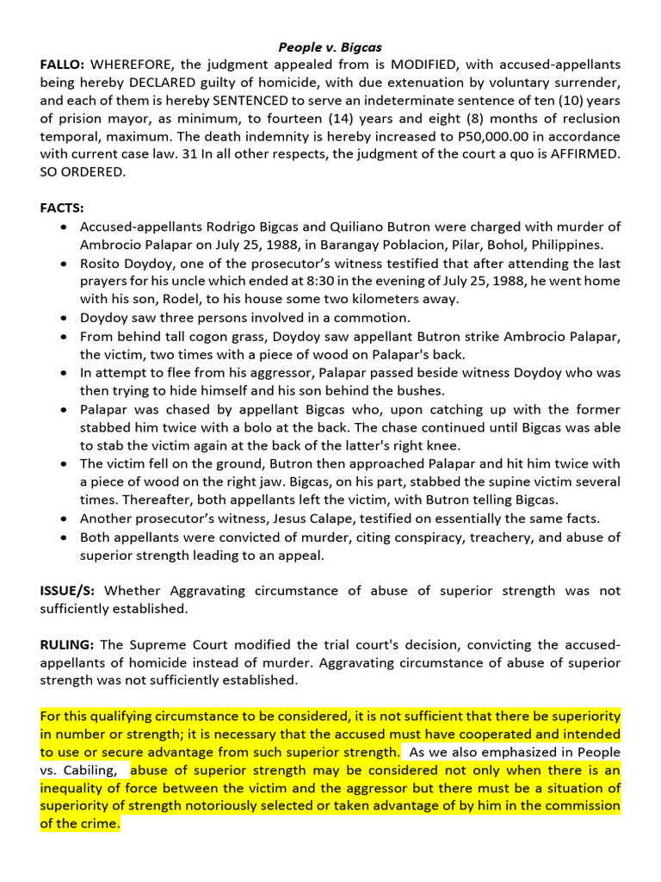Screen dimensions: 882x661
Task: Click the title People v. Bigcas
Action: tap(330, 47)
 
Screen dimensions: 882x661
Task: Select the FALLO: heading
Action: tap(62, 65)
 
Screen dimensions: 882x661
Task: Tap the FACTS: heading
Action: tap(62, 208)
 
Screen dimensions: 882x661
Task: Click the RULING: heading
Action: tap(67, 644)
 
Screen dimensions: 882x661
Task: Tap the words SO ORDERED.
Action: tap(83, 172)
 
